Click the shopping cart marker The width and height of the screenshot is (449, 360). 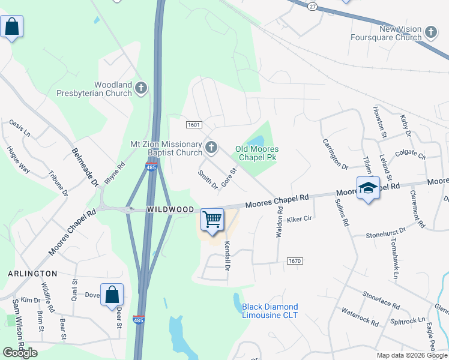click(212, 220)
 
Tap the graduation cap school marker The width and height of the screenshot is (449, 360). click(368, 188)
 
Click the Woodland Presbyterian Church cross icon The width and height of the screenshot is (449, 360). click(141, 89)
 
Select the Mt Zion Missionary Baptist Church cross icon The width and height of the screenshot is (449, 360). click(211, 147)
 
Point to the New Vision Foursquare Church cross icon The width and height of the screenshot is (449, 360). click(431, 32)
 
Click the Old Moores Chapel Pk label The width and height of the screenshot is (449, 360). click(257, 153)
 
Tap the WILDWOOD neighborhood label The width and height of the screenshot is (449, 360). click(170, 209)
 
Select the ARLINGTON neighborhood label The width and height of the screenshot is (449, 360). click(32, 273)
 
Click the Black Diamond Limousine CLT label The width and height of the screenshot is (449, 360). click(270, 311)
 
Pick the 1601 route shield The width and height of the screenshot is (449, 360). click(193, 125)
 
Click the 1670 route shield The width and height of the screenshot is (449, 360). click(294, 261)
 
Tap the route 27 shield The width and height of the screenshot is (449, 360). click(312, 5)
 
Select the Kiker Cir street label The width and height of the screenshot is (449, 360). click(300, 219)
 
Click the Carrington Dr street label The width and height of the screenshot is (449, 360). click(336, 154)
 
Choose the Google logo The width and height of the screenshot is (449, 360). click(20, 353)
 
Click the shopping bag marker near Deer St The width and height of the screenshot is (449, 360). click(112, 295)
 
